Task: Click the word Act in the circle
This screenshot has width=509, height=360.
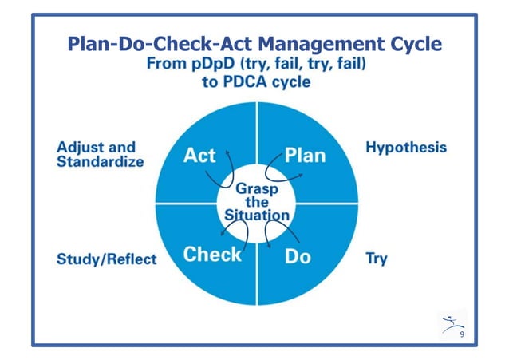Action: pyautogui.click(x=199, y=154)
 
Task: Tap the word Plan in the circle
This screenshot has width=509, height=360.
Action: pyautogui.click(x=305, y=154)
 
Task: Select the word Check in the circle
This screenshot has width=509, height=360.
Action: pyautogui.click(x=212, y=255)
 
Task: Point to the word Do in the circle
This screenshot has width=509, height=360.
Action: pyautogui.click(x=297, y=255)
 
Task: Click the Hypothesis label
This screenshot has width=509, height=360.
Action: pyautogui.click(x=405, y=148)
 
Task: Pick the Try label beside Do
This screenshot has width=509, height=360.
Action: pyautogui.click(x=376, y=259)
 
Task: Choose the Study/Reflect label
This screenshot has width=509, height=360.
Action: pyautogui.click(x=107, y=259)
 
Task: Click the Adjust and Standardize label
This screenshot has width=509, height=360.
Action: pyautogui.click(x=100, y=154)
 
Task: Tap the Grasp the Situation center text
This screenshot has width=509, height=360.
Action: pyautogui.click(x=256, y=202)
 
